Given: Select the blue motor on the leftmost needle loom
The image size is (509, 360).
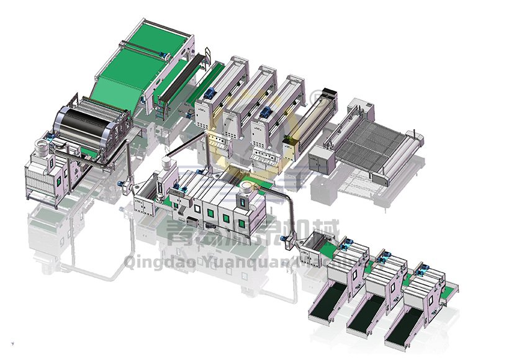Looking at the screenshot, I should click(209, 92).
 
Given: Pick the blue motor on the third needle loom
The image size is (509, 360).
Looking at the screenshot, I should click(266, 111).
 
